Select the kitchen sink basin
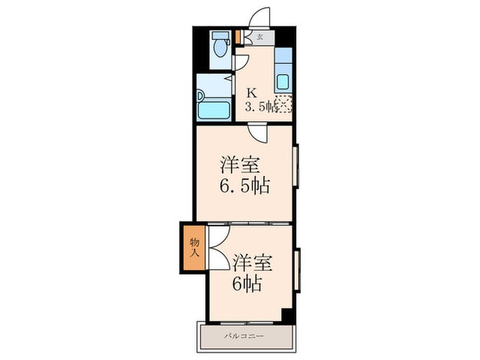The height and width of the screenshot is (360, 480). click(283, 82)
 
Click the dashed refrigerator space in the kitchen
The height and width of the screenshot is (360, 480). click(284, 104)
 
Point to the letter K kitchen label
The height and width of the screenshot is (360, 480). click(252, 93)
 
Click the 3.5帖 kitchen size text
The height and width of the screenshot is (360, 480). click(261, 106)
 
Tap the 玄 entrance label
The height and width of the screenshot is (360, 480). click(260, 37)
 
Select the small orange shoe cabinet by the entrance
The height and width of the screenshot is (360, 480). click(238, 37)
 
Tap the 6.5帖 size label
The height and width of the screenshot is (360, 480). click(245, 186)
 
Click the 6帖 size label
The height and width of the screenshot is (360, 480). click(247, 284)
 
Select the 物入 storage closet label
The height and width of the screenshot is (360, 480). click(195, 248)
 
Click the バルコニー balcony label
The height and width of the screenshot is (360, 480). click(243, 337)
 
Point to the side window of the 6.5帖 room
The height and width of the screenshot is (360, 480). click(296, 166)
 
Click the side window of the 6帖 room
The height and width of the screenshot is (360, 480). click(297, 270)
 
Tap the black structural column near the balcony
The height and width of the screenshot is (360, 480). click(287, 315)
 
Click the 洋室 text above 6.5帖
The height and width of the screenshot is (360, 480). click(240, 165)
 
